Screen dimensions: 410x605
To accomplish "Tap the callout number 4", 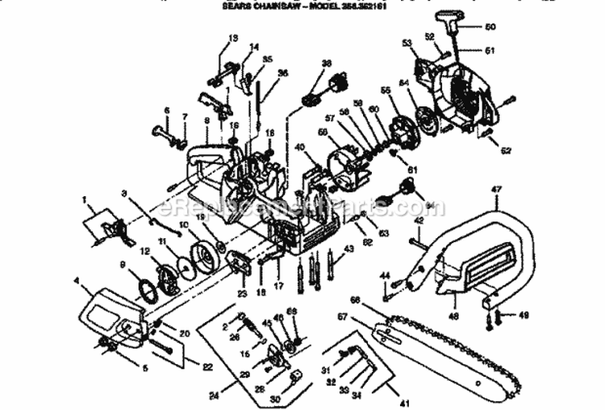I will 76,280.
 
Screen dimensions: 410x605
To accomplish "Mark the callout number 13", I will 233,38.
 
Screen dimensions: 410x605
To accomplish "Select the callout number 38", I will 326,63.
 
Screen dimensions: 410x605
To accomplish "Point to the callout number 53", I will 407,42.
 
